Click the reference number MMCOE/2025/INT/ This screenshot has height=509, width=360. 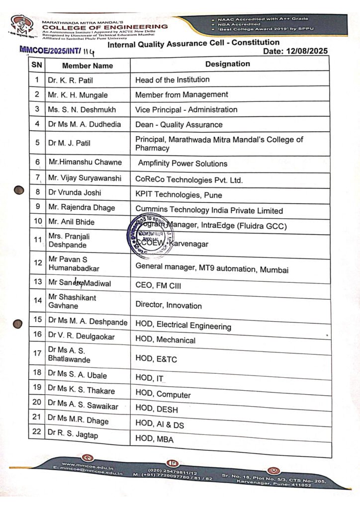tap(49, 50)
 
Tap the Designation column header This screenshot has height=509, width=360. tap(227, 64)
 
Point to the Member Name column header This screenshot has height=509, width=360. tap(87, 66)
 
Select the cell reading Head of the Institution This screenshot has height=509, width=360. tap(172, 80)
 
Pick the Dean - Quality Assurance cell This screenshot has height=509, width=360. tap(179, 124)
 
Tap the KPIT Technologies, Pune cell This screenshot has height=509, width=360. tap(179, 195)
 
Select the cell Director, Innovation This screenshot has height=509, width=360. tap(169, 305)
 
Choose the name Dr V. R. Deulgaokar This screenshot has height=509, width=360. tap(81, 337)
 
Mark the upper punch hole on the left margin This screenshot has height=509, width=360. tap(19, 189)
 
